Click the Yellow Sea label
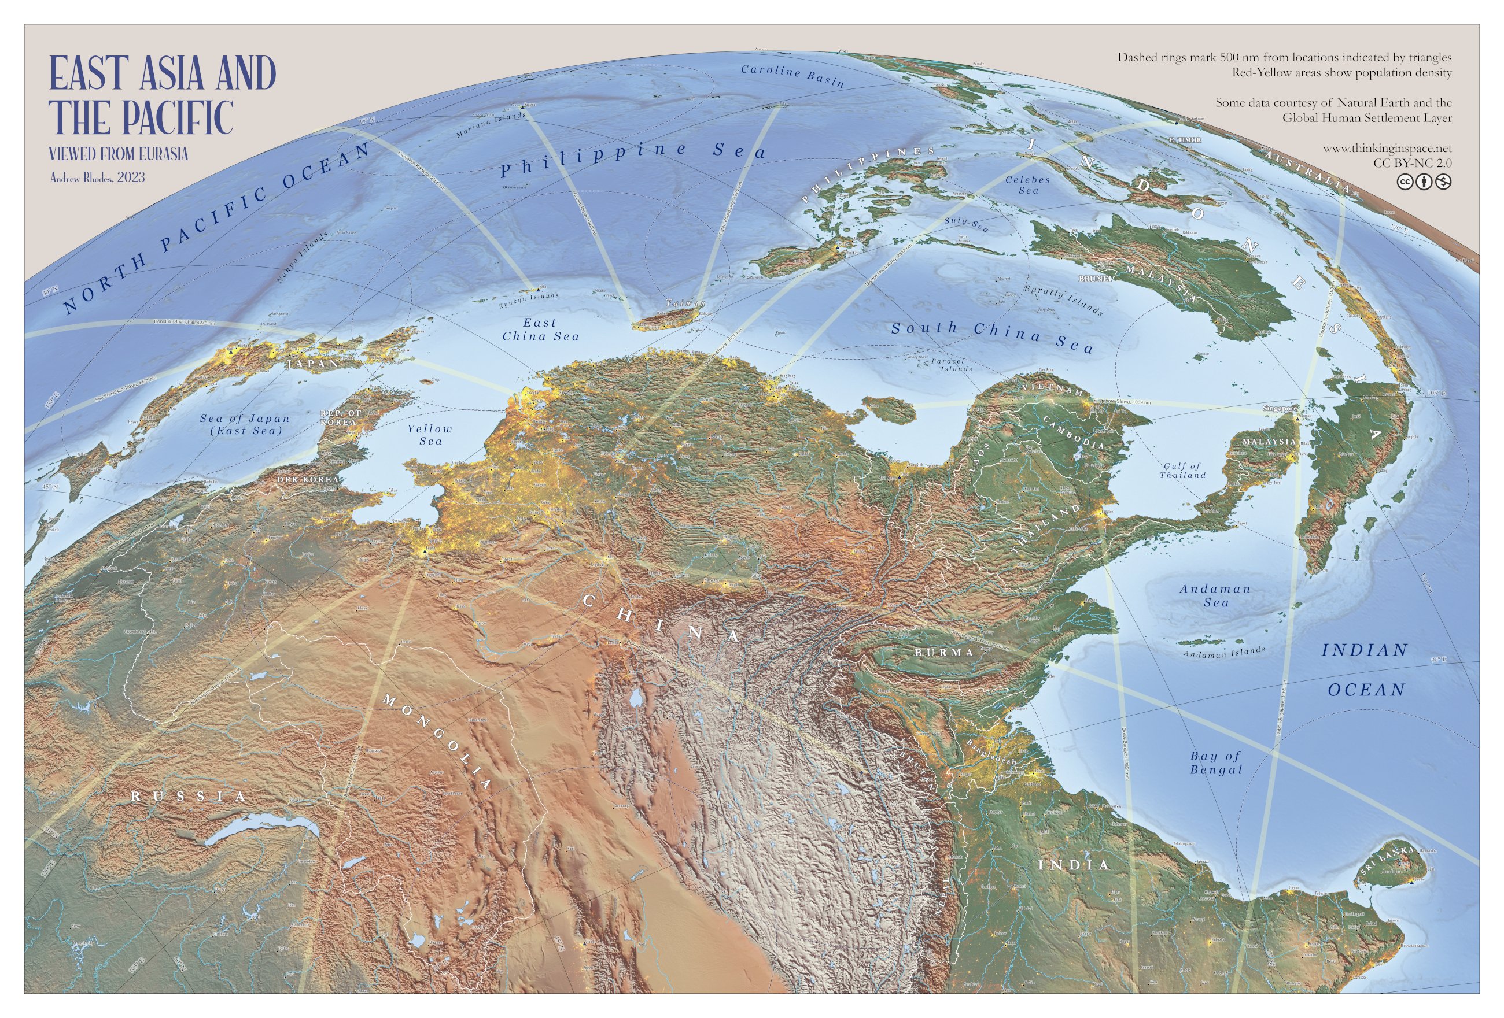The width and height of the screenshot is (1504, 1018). point(430,435)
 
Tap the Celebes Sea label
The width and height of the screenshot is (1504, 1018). point(1028,185)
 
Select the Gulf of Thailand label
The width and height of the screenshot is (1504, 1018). point(1182,470)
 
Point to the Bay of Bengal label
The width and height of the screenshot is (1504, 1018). point(1216,762)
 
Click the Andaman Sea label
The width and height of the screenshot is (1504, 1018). point(1215,595)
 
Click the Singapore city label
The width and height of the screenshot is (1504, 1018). point(1280,409)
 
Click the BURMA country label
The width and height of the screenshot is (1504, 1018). point(943,653)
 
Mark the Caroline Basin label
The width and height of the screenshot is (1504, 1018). point(792,75)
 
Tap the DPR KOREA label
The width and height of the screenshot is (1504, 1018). point(307,480)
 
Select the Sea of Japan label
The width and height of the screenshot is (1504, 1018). point(245,424)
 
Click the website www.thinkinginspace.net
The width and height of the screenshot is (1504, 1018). point(1386,149)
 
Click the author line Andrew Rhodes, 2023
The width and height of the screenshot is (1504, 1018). point(98,177)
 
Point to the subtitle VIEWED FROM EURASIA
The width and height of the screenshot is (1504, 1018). point(119,154)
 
